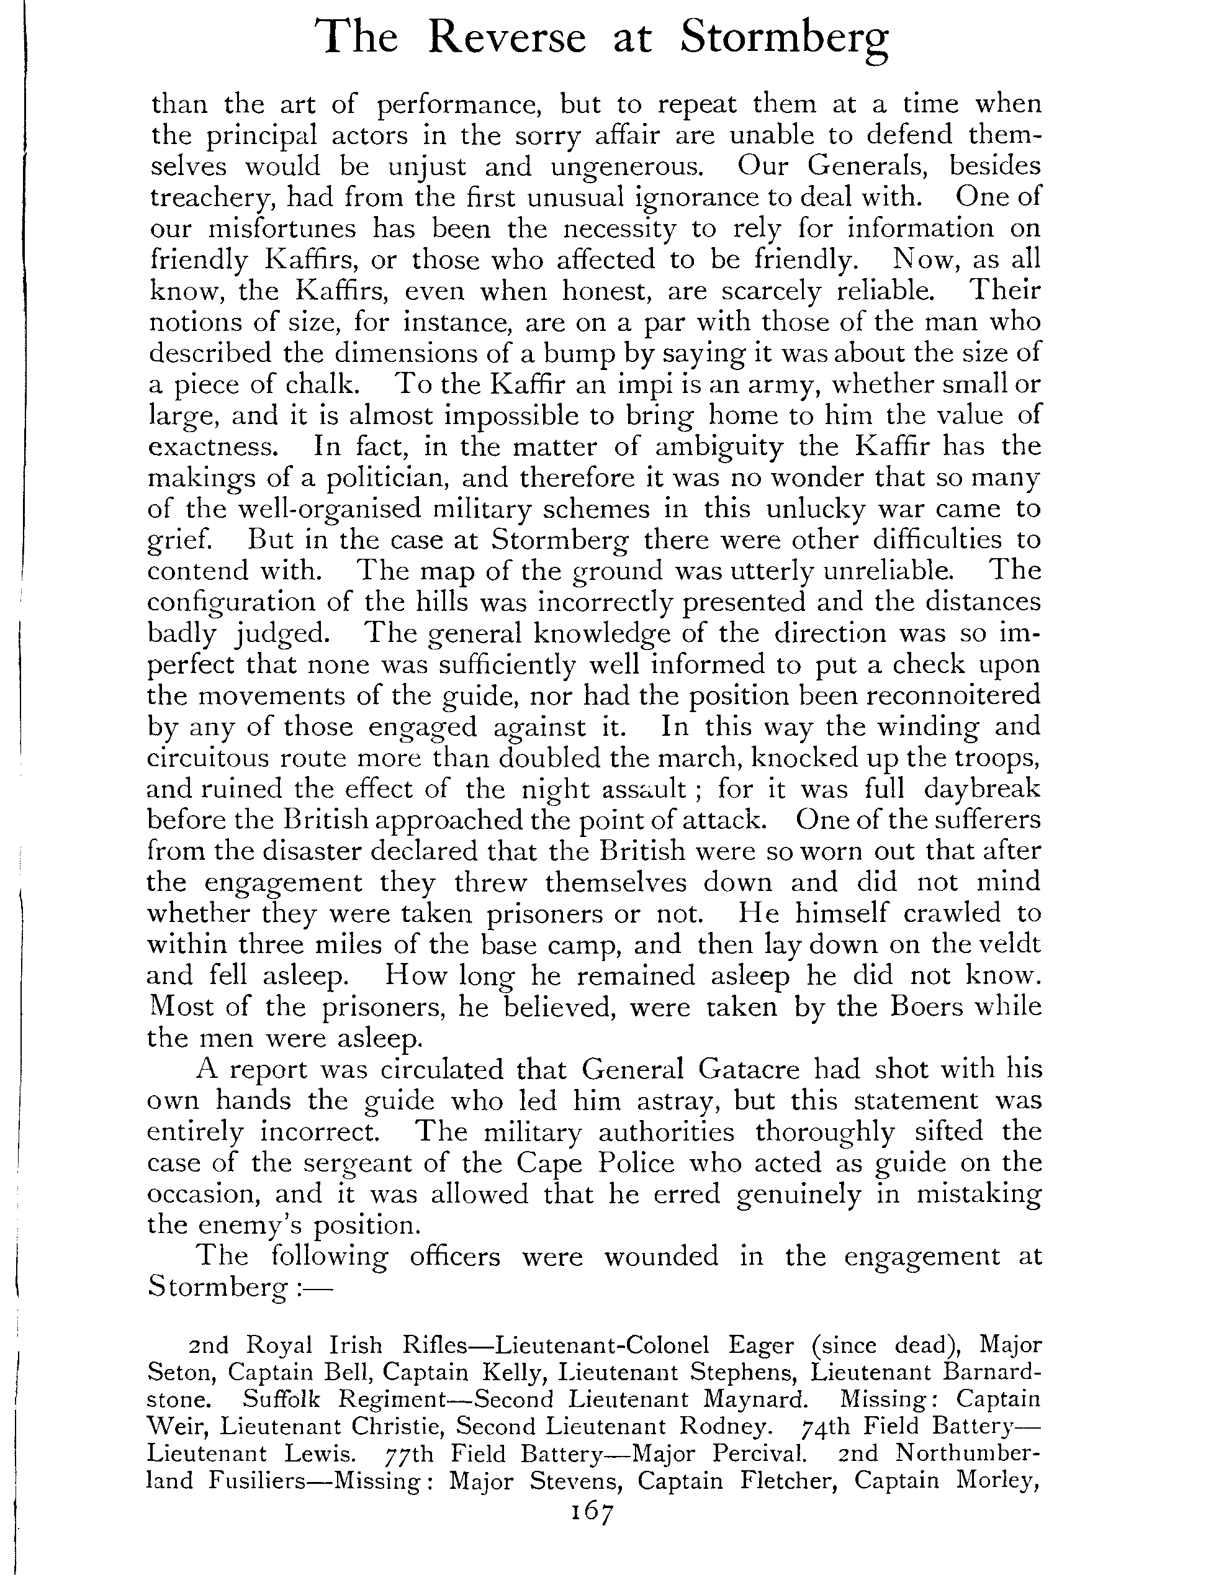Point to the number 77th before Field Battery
pos(407,1454)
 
